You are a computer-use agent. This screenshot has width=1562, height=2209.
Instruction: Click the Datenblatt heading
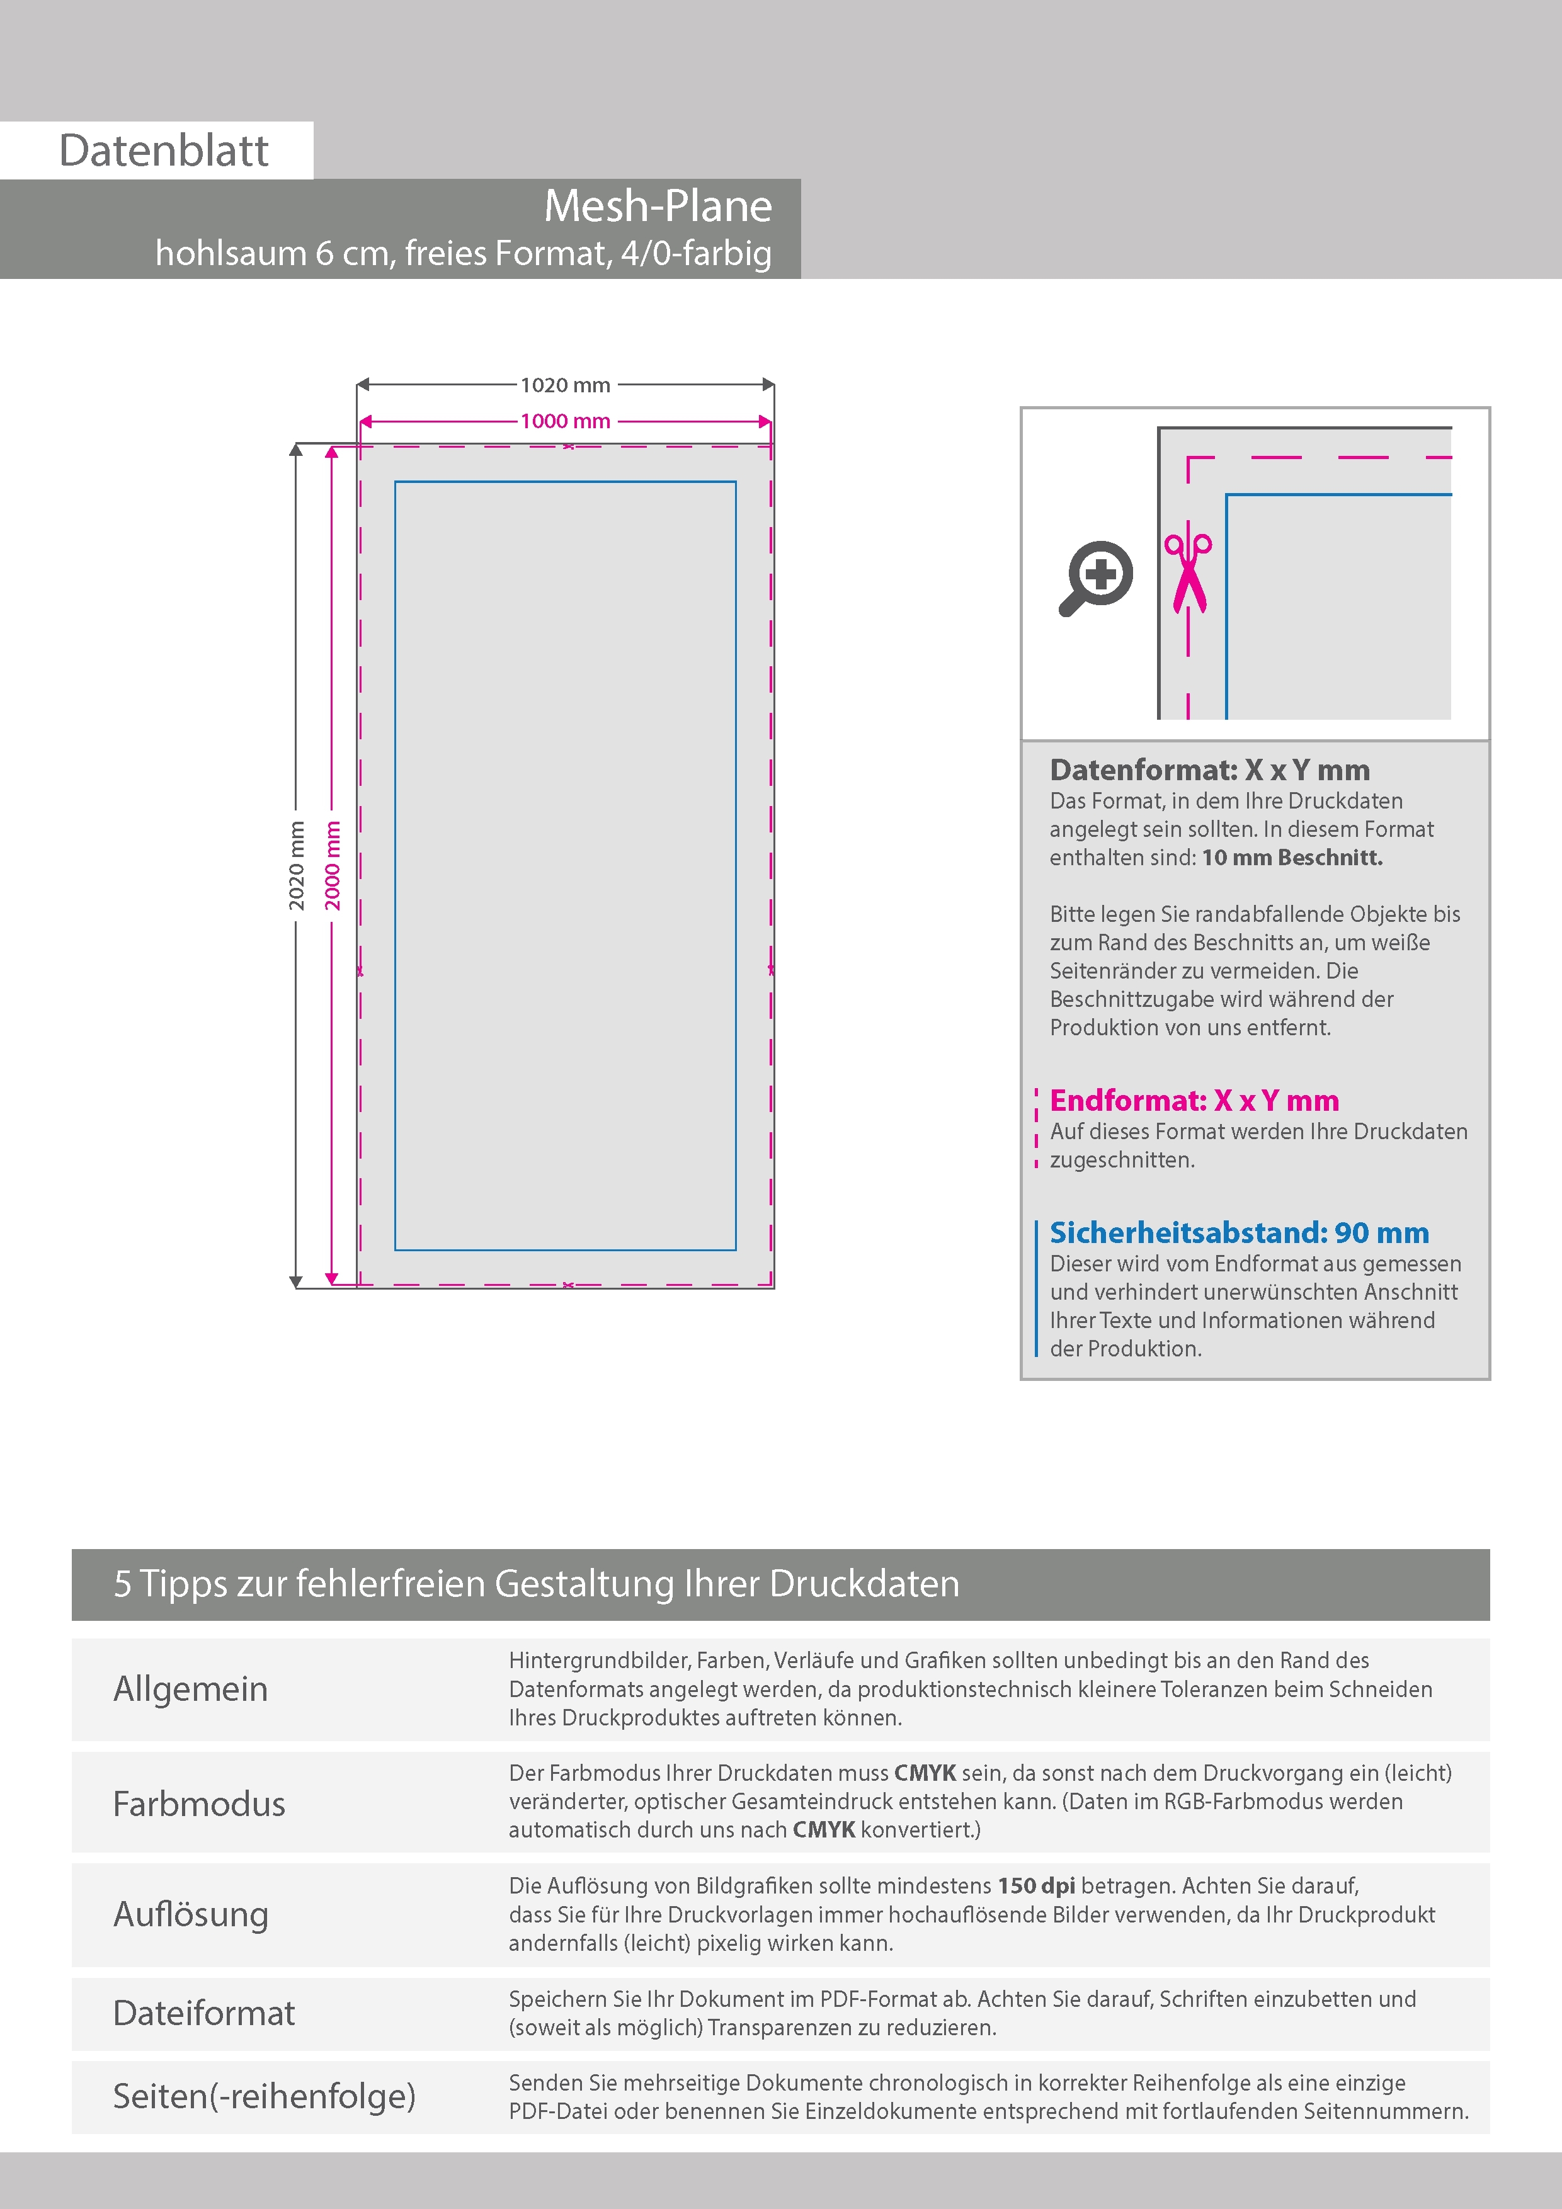[164, 151]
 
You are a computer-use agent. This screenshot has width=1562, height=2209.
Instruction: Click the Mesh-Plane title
[658, 206]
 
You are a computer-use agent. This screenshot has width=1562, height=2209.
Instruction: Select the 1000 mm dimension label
[565, 421]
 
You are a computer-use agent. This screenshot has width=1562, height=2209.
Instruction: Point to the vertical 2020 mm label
[297, 865]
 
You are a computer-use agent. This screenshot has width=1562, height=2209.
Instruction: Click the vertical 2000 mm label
[332, 865]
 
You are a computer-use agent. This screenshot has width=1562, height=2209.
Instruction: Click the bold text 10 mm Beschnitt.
[1292, 857]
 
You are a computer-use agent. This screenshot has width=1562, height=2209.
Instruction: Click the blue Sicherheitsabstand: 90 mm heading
[1239, 1232]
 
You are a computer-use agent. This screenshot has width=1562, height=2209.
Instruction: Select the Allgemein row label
[191, 1688]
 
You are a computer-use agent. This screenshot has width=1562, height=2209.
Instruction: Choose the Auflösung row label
[191, 1914]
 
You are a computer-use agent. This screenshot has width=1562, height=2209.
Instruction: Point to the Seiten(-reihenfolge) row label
[264, 2096]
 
